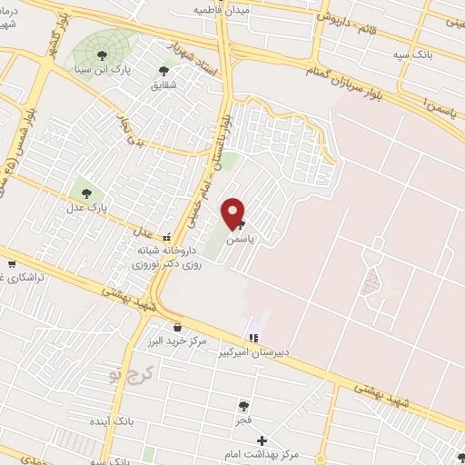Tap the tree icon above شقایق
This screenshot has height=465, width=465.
tap(163, 69)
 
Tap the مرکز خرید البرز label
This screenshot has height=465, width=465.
tap(176, 341)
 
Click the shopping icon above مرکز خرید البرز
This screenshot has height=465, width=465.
tap(176, 327)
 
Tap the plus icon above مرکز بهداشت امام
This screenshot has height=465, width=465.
tap(262, 440)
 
